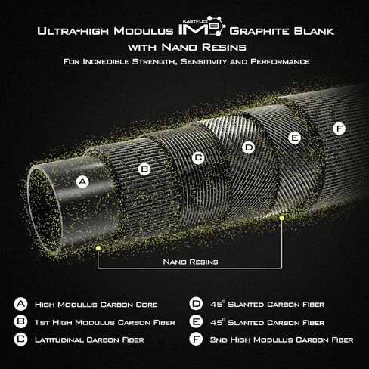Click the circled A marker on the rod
click(x=82, y=182)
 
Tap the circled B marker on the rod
click(x=144, y=169)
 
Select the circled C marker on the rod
click(x=198, y=158)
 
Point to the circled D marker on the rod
click(x=249, y=147)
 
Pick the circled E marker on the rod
click(x=295, y=138)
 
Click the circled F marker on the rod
click(x=339, y=129)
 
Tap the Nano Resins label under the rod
click(x=191, y=262)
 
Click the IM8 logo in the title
click(x=202, y=26)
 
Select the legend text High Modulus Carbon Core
click(x=96, y=305)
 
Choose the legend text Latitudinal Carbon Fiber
click(x=89, y=340)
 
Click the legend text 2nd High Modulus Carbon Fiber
click(x=281, y=340)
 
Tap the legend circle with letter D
click(x=196, y=304)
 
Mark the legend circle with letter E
click(x=196, y=321)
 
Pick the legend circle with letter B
click(x=20, y=321)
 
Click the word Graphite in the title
click(x=259, y=31)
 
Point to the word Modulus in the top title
click(x=144, y=31)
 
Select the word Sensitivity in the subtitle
click(x=203, y=62)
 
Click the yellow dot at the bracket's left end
click(x=98, y=248)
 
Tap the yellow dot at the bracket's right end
click(x=282, y=218)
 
